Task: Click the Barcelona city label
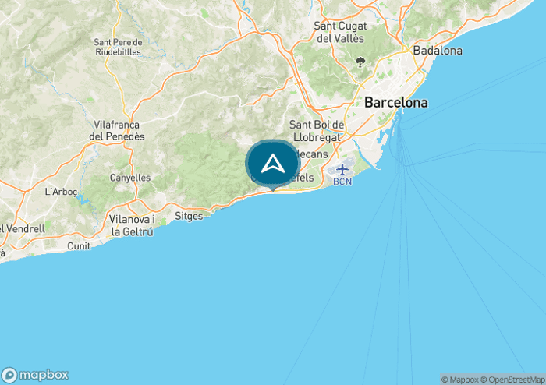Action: point(395,102)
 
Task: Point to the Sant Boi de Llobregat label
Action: point(317,130)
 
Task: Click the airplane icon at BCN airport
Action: point(342,169)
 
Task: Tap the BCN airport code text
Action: point(342,182)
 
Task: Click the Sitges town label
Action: point(189,215)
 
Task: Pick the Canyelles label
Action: point(130,178)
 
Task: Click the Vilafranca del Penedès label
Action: point(118,130)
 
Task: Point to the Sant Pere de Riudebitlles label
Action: point(118,48)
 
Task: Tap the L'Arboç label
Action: point(59,191)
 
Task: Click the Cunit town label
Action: point(78,245)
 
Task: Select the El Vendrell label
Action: point(23,229)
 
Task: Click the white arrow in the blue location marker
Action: point(272,164)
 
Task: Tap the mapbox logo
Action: point(35,374)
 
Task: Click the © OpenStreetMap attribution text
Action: point(512,380)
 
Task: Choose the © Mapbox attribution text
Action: point(459,380)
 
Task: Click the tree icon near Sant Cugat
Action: point(360,62)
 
